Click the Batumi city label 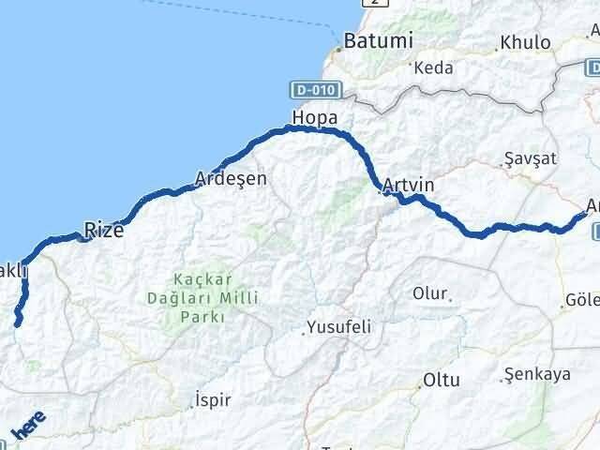click(378, 41)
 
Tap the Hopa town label click(314, 117)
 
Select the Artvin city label click(409, 185)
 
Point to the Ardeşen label click(231, 177)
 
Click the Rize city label click(103, 230)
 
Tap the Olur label click(430, 292)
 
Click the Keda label click(433, 67)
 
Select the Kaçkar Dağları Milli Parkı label click(199, 298)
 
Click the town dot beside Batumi click(338, 48)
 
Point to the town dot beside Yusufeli click(306, 331)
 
